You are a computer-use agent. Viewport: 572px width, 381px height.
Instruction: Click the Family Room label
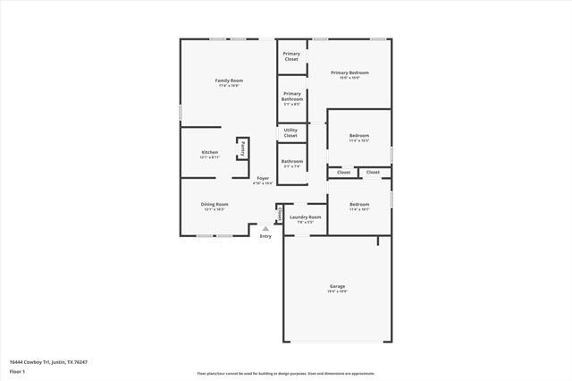click(229, 80)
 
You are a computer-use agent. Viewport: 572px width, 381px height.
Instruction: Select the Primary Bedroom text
click(349, 72)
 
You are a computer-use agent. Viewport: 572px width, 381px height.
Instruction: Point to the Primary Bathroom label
click(292, 96)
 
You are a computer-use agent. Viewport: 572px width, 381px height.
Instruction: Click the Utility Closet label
click(290, 132)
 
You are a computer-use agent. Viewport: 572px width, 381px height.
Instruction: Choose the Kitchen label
click(209, 153)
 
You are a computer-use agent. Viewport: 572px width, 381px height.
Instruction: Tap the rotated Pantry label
click(242, 148)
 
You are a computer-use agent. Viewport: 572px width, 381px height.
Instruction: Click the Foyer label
click(263, 178)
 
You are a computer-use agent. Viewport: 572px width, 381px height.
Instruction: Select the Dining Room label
click(214, 204)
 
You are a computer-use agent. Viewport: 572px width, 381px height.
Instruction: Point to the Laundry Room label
click(305, 216)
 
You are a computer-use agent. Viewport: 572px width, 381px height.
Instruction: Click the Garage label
click(337, 286)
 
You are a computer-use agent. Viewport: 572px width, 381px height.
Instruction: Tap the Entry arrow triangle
click(265, 228)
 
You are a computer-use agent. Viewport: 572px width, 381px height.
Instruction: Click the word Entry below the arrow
click(265, 236)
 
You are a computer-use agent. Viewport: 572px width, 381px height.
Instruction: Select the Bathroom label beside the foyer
click(292, 161)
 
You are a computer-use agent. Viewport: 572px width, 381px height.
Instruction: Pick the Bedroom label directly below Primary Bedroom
click(358, 136)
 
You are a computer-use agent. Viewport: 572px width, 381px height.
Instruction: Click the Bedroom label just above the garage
click(358, 204)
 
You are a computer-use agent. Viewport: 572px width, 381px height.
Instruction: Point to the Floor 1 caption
click(17, 371)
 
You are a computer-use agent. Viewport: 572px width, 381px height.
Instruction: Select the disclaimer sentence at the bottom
click(286, 373)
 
